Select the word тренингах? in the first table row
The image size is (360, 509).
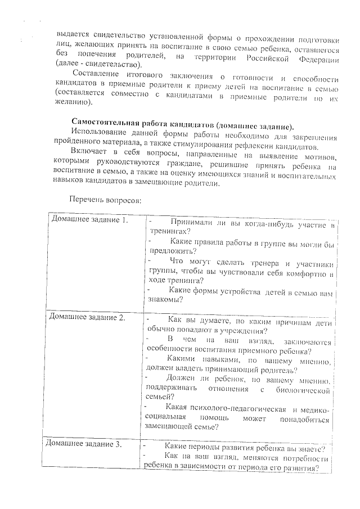(x=170, y=232)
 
